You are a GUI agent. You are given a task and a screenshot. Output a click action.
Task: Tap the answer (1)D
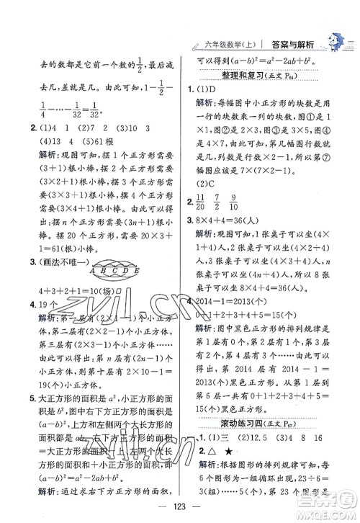click(x=205, y=89)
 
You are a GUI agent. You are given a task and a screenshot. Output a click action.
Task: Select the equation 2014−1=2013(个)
click(x=238, y=299)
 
